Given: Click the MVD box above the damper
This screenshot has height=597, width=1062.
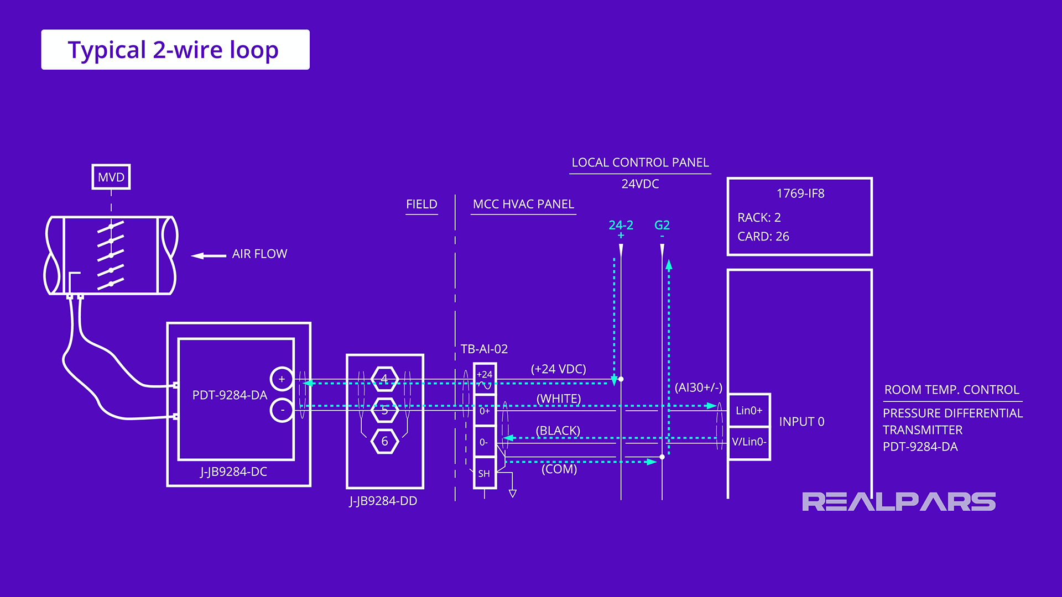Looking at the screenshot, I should pyautogui.click(x=111, y=177).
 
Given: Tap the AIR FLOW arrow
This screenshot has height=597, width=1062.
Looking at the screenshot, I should pyautogui.click(x=208, y=255).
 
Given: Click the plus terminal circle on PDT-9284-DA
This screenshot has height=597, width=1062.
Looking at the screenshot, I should pyautogui.click(x=282, y=379).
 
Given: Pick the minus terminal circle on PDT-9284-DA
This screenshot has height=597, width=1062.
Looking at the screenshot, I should pyautogui.click(x=282, y=410).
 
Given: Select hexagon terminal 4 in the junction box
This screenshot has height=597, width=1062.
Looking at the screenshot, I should pyautogui.click(x=384, y=379).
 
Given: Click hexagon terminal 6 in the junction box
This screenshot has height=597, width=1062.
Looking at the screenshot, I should pyautogui.click(x=384, y=441).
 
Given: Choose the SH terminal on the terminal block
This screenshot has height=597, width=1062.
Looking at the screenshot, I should pyautogui.click(x=484, y=473).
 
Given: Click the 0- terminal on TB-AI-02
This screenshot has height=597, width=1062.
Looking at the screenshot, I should pyautogui.click(x=484, y=442).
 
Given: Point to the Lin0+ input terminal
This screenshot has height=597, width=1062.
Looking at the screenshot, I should pyautogui.click(x=749, y=410).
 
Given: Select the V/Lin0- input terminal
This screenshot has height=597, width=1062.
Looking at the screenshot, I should pyautogui.click(x=749, y=442).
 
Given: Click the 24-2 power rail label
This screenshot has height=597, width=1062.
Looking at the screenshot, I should pyautogui.click(x=621, y=226).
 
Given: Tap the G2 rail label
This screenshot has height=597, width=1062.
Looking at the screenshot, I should pyautogui.click(x=662, y=226).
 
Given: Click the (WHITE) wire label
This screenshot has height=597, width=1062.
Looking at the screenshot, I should pyautogui.click(x=559, y=399).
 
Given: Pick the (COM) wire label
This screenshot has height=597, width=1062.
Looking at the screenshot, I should pyautogui.click(x=559, y=469).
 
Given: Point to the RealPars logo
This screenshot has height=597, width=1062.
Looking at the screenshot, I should pyautogui.click(x=898, y=502).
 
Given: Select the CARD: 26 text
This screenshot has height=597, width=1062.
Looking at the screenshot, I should pyautogui.click(x=763, y=237).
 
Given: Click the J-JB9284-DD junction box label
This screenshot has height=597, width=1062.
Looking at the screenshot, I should pyautogui.click(x=383, y=501).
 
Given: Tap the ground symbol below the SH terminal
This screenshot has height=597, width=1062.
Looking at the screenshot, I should pyautogui.click(x=513, y=493).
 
